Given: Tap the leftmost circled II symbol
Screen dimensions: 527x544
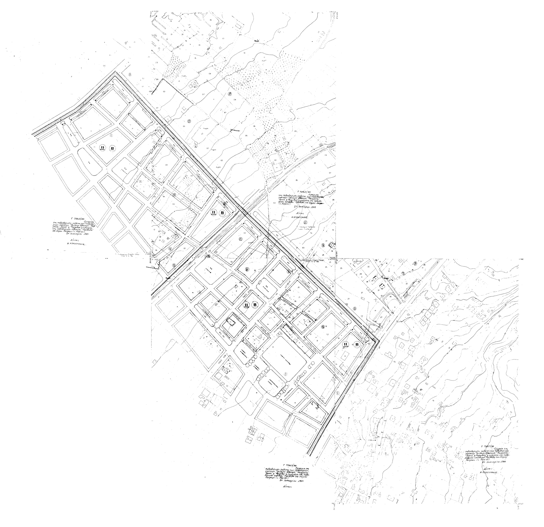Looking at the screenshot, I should click(x=102, y=147).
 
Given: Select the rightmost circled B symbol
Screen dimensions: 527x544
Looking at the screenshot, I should click(x=357, y=345).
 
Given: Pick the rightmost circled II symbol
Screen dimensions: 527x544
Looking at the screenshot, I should click(x=346, y=344).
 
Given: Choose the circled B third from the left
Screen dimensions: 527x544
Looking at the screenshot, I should click(x=255, y=305).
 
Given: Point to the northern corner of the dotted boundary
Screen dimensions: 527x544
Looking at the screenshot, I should click(x=115, y=72).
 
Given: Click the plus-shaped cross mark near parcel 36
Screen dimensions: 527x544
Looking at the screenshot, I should click(x=376, y=300).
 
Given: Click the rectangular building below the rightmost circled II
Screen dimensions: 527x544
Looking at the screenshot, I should click(x=346, y=355).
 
